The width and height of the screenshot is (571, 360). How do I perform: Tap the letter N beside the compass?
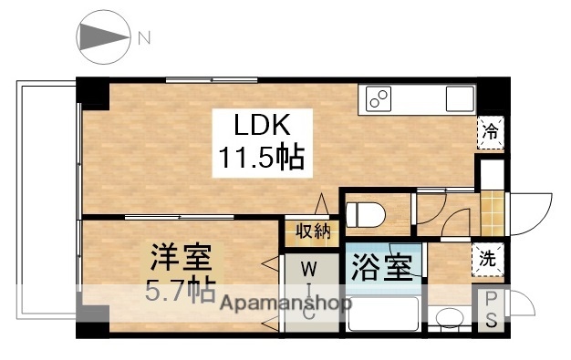(x=144, y=38)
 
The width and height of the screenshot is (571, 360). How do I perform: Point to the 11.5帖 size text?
(x=260, y=159)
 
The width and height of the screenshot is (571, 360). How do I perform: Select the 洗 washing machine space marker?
(x=489, y=258)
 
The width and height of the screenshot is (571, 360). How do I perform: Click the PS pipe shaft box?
(x=491, y=310)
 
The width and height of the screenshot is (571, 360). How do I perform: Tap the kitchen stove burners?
(x=379, y=97)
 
